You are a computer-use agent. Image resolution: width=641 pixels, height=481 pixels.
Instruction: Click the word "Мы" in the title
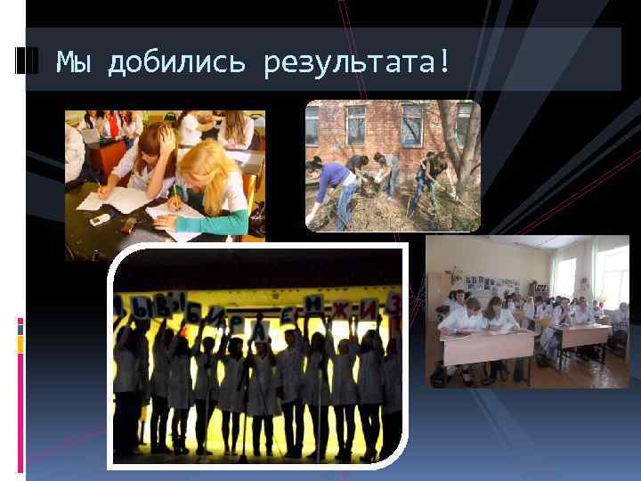click(74, 61)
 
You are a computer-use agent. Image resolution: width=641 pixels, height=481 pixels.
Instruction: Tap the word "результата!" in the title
click(357, 62)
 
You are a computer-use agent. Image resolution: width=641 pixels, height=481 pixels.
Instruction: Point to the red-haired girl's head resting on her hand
click(157, 143)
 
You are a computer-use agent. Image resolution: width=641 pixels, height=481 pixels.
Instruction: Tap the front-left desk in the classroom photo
click(486, 344)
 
